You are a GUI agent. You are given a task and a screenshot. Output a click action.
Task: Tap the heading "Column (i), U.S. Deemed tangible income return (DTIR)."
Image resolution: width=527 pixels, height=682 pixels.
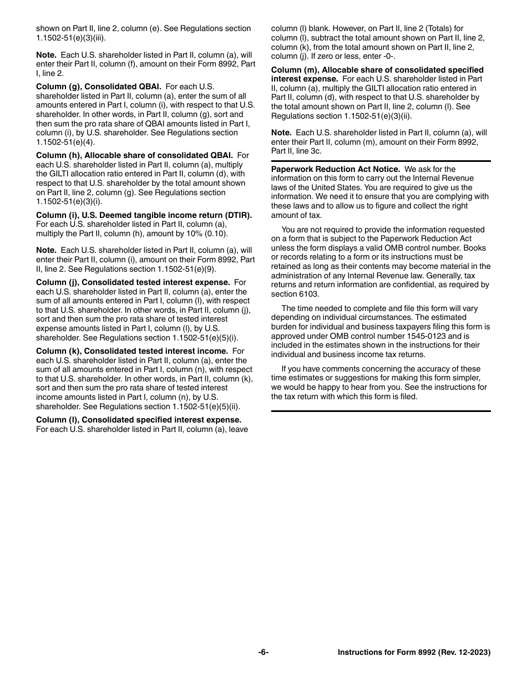[x=144, y=215]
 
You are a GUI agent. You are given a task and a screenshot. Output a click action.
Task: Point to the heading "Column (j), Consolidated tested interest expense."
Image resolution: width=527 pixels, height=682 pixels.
[x=133, y=283]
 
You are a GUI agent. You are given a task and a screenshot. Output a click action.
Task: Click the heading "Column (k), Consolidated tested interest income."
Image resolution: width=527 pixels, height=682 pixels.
[x=132, y=352]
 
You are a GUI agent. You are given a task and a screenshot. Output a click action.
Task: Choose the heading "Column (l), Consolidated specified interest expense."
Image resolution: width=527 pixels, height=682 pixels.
[x=139, y=420]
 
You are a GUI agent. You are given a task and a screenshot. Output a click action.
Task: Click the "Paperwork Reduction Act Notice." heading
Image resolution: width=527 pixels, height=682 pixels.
[x=336, y=169]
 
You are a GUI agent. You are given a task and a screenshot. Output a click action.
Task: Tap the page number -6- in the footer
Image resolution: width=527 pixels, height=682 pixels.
[x=263, y=653]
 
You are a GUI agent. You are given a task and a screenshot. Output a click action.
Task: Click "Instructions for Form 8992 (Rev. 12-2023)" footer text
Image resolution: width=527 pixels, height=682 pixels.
[x=414, y=653]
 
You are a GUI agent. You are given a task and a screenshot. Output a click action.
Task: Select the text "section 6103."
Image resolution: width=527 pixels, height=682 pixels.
[x=295, y=294]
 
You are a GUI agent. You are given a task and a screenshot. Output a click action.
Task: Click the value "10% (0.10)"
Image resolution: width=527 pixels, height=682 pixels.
[x=207, y=233]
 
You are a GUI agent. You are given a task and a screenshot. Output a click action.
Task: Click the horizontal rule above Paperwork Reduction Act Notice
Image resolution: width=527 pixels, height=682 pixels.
[x=381, y=161]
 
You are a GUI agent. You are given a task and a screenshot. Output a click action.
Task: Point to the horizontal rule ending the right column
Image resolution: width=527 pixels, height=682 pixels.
[x=381, y=411]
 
